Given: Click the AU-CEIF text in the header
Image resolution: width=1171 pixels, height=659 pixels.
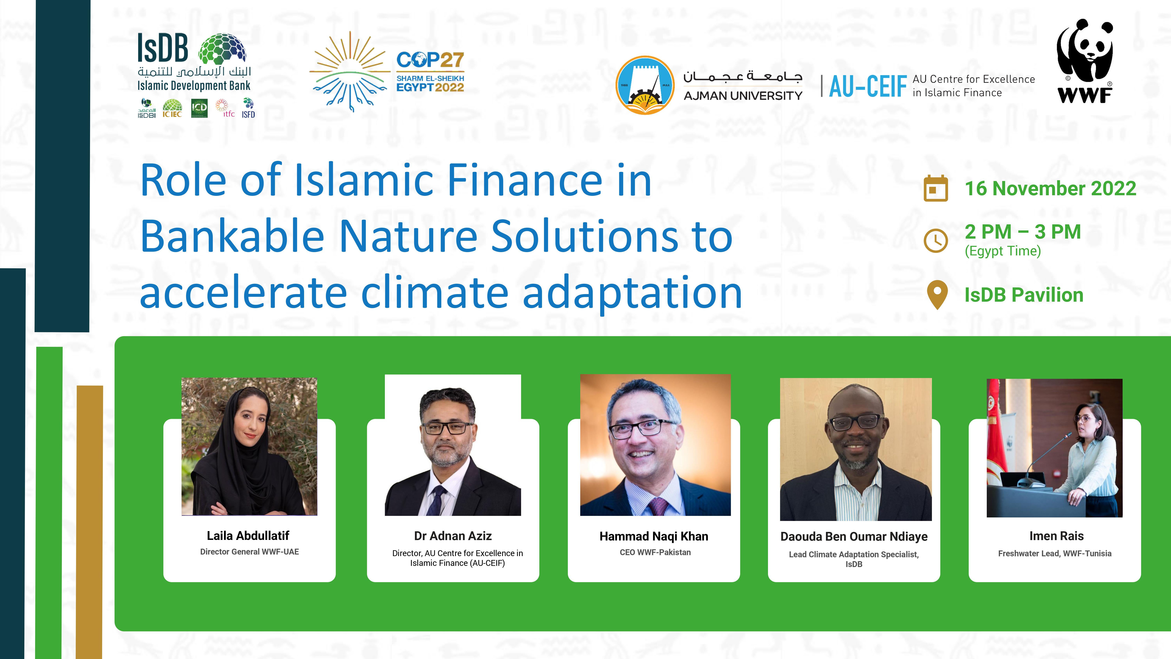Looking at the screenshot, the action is [x=868, y=86].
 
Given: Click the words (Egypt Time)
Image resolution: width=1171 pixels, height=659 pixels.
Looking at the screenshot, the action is [x=1003, y=251].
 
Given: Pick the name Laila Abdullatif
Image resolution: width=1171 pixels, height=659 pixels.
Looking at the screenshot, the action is [x=248, y=536].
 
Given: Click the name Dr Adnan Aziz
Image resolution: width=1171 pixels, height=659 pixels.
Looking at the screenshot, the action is [x=453, y=536].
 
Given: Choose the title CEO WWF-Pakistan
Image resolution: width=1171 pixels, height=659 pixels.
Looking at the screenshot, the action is [x=655, y=552].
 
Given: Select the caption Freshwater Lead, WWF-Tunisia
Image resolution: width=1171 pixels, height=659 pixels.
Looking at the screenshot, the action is [x=1055, y=554].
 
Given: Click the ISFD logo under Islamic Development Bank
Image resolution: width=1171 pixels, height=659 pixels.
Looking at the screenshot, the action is [x=248, y=108].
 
